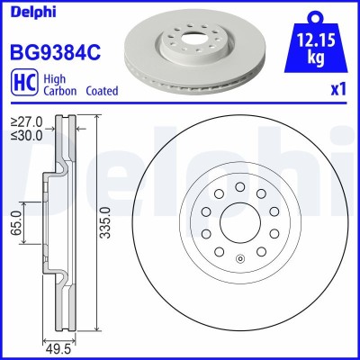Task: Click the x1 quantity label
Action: point(339,91)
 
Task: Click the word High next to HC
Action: point(53,78)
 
